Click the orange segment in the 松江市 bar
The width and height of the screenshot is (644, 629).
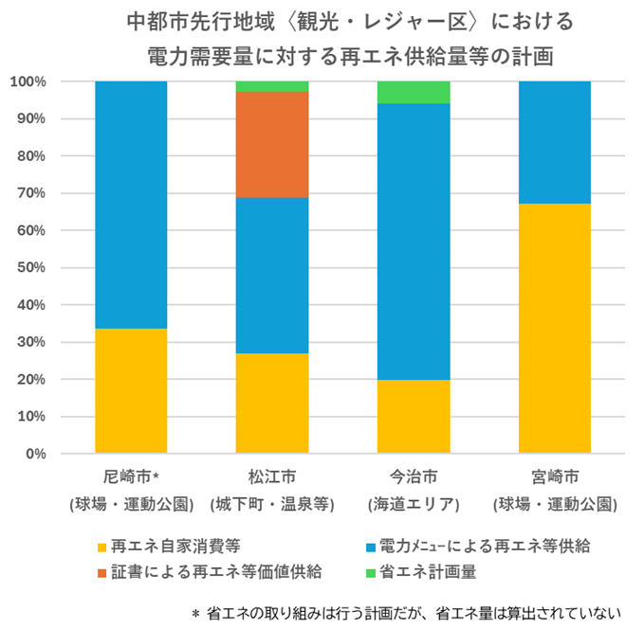pyautogui.click(x=272, y=145)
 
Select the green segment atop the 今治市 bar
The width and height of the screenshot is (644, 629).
pyautogui.click(x=414, y=92)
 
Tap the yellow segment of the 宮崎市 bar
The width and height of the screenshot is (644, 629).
pyautogui.click(x=555, y=328)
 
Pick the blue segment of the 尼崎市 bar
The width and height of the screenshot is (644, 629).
pyautogui.click(x=131, y=205)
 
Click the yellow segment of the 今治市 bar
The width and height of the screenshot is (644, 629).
pyautogui.click(x=414, y=416)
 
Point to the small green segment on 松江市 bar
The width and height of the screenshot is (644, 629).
pyautogui.click(x=272, y=86)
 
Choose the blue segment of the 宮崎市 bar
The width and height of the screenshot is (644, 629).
pyautogui.click(x=555, y=142)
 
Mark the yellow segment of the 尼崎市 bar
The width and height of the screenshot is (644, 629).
pyautogui.click(x=131, y=390)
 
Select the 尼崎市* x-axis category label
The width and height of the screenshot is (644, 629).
pyautogui.click(x=132, y=476)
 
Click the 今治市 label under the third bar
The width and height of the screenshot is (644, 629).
pyautogui.click(x=414, y=476)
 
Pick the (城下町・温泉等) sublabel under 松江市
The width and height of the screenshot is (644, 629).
pyautogui.click(x=272, y=503)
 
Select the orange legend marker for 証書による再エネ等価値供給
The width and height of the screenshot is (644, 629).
pyautogui.click(x=101, y=571)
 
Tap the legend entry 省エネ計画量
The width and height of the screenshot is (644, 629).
pyautogui.click(x=427, y=571)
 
